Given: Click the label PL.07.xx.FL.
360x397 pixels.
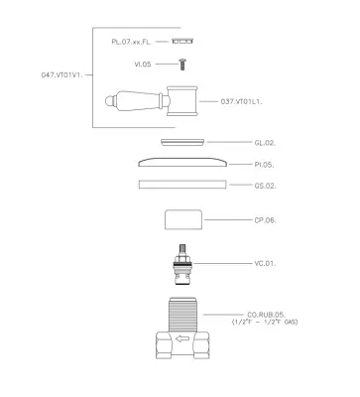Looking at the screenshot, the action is pyautogui.click(x=131, y=42).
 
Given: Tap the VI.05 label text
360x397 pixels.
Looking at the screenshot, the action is pyautogui.click(x=143, y=65).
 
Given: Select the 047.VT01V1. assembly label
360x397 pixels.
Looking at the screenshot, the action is pyautogui.click(x=61, y=75).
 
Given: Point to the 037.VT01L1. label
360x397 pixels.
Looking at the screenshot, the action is pyautogui.click(x=241, y=102).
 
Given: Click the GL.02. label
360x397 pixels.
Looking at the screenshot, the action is pyautogui.click(x=265, y=143).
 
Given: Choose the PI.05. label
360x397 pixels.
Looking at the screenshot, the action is pyautogui.click(x=264, y=165).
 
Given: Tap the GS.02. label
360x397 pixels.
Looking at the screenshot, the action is pyautogui.click(x=266, y=186).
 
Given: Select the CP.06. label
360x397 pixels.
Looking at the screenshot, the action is pyautogui.click(x=265, y=220).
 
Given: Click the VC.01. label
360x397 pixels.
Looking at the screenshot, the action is pyautogui.click(x=265, y=264).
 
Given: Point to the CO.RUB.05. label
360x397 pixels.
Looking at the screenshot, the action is pyautogui.click(x=266, y=315).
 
